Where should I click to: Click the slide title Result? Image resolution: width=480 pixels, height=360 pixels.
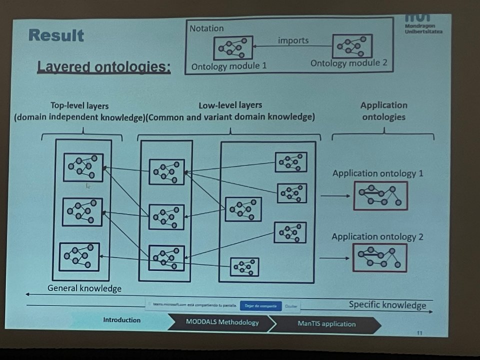[x=56, y=35]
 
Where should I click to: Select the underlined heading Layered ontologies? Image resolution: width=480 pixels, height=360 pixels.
[x=104, y=67]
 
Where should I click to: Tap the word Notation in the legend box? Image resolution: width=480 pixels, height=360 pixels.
[x=206, y=28]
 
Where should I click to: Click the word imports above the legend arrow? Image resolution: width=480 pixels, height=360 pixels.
[x=293, y=40]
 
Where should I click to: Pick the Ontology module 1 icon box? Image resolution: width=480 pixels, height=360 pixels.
[x=233, y=48]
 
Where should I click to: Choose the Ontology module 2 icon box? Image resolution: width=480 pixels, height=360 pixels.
[x=352, y=46]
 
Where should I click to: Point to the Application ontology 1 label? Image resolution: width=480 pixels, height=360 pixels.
[x=378, y=173]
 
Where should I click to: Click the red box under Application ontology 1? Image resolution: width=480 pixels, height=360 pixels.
[x=380, y=195]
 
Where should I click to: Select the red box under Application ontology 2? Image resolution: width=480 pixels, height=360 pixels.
[x=379, y=257]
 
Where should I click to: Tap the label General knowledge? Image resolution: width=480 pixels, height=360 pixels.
[x=84, y=288]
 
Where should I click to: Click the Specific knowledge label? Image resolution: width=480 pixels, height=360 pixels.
[x=387, y=305]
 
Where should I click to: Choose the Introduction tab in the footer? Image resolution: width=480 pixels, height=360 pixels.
[x=121, y=320]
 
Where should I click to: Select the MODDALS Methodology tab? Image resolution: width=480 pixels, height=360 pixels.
[x=222, y=322]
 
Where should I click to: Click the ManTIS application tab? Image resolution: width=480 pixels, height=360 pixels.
[x=326, y=323]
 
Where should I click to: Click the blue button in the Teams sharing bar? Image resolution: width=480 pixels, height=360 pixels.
[x=257, y=305]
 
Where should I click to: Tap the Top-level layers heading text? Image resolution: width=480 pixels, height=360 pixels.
[x=79, y=106]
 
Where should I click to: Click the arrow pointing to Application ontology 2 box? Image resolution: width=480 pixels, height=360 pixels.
[x=333, y=258]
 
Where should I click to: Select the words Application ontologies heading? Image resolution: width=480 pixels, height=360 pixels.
[x=384, y=111]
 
